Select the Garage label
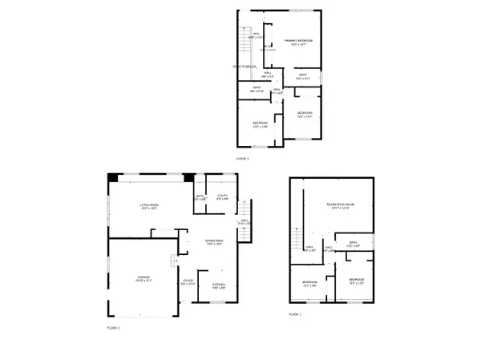point(143,278)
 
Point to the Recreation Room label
point(340,206)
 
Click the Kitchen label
point(218,285)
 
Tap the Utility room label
point(223,196)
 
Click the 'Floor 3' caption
point(243,160)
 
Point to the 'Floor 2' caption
point(114,328)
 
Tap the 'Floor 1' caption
point(295,314)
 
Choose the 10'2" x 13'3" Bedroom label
point(357,281)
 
